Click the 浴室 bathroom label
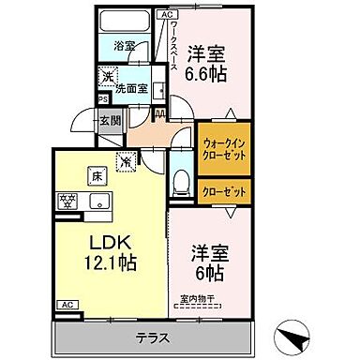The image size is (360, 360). click(x=125, y=44)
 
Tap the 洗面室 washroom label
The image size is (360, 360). click(x=130, y=88)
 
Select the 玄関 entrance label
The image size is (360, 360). click(x=110, y=120)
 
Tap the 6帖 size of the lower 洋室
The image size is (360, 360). click(x=208, y=272)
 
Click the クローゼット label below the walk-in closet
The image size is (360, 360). click(x=223, y=191)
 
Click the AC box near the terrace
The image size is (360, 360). click(x=67, y=306)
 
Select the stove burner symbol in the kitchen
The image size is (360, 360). click(x=68, y=200)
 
